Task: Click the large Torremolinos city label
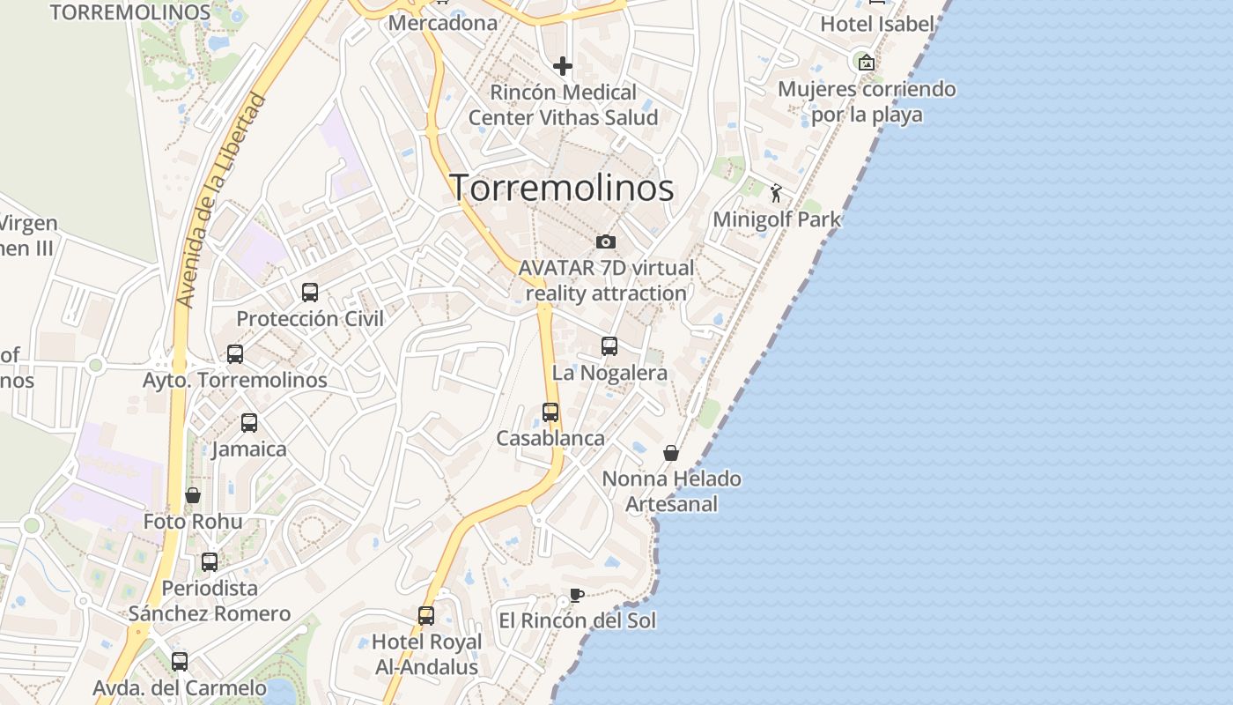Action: tap(562, 188)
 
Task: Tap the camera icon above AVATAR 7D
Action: tap(606, 241)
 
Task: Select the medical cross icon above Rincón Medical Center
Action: tap(563, 66)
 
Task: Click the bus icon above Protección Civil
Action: tap(310, 292)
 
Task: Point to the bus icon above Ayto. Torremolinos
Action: tap(235, 353)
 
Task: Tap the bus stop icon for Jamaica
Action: tap(249, 423)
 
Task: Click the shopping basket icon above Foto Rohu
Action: tap(193, 495)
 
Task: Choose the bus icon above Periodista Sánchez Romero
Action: tap(210, 561)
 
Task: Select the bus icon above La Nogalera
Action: tap(609, 346)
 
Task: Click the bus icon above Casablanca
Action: tap(550, 412)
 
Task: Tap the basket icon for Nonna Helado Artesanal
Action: tap(671, 453)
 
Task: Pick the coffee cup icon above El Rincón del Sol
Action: tap(576, 595)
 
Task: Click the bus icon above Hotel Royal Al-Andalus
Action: tap(426, 615)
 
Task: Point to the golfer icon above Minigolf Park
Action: tap(776, 193)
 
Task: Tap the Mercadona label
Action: tap(443, 23)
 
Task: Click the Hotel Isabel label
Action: tap(876, 24)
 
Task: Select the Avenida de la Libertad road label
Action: tap(221, 200)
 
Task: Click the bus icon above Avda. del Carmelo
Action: tap(180, 661)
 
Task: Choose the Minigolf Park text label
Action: tap(777, 219)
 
